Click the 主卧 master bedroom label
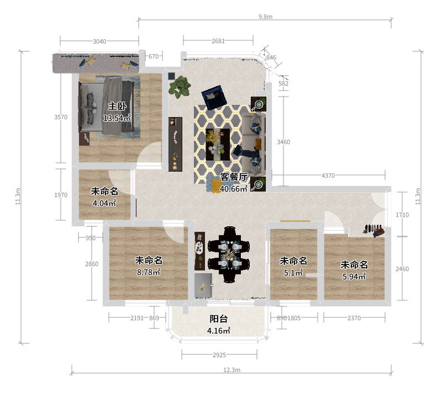pos(117,106)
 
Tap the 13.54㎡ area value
pos(117,118)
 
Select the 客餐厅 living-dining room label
pos(234,177)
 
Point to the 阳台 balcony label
pos(218,319)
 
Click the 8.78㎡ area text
pos(149,272)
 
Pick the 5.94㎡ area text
pos(354,277)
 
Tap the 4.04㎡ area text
pos(104,203)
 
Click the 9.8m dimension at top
pos(266,17)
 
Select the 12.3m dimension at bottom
pos(232,370)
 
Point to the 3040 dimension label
pos(99,41)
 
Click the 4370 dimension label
pos(328,176)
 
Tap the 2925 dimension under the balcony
pos(219,355)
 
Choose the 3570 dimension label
pos(61,117)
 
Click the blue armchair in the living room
pos(214,97)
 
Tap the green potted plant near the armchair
pos(180,87)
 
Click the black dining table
pos(229,255)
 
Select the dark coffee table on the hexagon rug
pos(218,145)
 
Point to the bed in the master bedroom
pos(107,107)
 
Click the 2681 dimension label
pos(218,41)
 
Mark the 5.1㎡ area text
pos(293,273)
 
